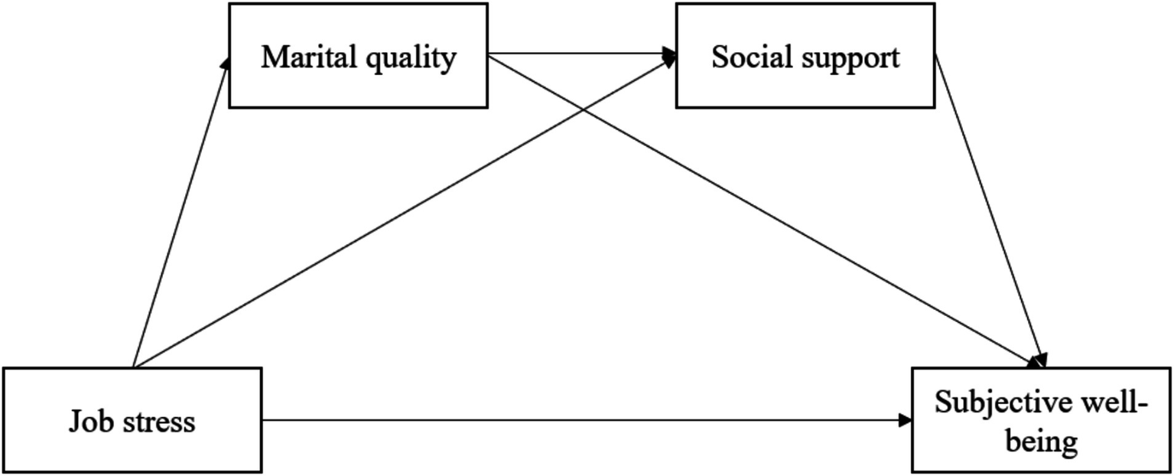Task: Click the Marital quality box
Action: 358,55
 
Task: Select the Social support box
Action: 805,55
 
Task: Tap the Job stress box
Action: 132,420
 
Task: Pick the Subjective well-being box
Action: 1040,420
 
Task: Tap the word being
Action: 1041,442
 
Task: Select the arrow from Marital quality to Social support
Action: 581,54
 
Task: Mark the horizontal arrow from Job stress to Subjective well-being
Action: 585,419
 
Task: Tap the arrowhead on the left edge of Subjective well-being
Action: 906,419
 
